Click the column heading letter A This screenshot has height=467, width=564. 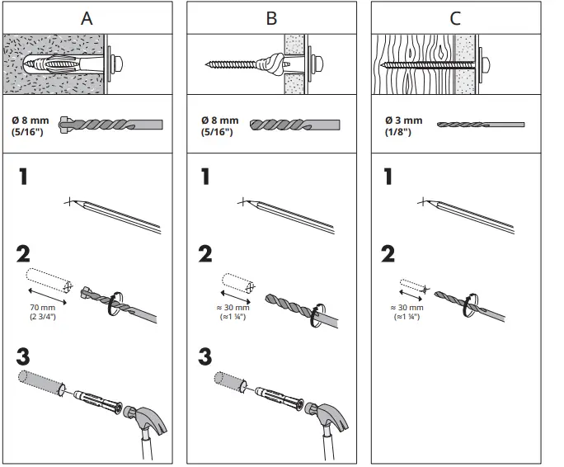click(x=87, y=18)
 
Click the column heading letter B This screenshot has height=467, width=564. click(x=271, y=18)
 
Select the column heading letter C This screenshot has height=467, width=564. click(x=456, y=18)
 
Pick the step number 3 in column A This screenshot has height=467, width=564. click(x=25, y=357)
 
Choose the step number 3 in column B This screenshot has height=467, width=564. click(x=206, y=357)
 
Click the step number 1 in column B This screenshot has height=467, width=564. click(x=205, y=177)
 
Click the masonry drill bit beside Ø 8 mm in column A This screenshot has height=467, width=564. click(x=111, y=125)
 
